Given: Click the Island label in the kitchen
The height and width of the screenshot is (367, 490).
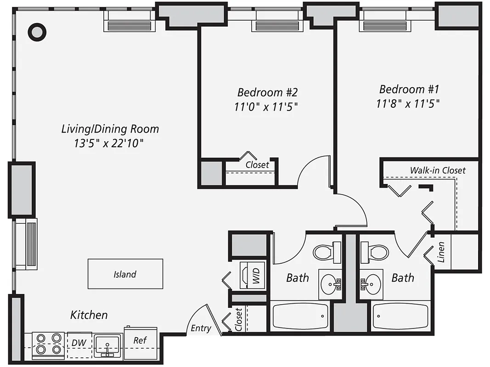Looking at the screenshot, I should coord(125,274).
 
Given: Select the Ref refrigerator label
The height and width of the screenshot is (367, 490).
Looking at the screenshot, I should coord(140,340).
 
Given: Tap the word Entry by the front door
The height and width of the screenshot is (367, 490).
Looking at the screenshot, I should coord(201,328).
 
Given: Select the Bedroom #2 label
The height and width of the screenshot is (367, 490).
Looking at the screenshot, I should coord(264,91).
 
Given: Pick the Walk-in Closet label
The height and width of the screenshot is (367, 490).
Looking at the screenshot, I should coord(437,170).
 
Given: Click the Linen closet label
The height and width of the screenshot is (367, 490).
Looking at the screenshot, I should coord(441,252).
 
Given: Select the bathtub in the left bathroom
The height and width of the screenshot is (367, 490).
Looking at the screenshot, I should coord(300,316).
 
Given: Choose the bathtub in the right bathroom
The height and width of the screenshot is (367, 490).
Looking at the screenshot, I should coord(400,316).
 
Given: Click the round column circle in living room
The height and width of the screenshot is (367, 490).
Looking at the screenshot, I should coord(37,32).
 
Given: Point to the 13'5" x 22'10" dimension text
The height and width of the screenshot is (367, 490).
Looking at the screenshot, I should coord(109,144).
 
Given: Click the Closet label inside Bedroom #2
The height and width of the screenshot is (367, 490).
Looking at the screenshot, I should coord(257,165).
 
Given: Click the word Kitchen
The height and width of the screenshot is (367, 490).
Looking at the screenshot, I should coord(89,315).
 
